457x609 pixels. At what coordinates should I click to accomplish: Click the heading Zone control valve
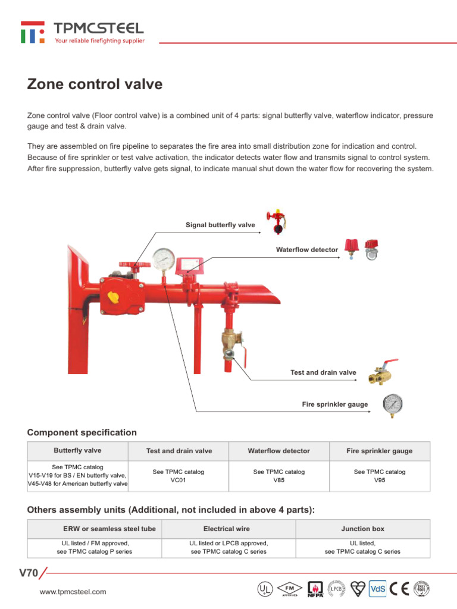[x=95, y=84]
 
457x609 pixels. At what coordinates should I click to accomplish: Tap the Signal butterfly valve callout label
[x=220, y=225]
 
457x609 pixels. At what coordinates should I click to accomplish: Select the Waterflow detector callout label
[x=306, y=250]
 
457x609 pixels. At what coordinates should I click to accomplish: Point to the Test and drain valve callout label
[x=323, y=372]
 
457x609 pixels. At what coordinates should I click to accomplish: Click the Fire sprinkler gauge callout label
[x=334, y=404]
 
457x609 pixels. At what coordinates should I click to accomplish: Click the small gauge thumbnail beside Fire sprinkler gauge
[x=392, y=404]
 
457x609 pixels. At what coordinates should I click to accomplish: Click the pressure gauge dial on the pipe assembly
[x=163, y=259]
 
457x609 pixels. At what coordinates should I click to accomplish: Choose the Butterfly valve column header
[x=77, y=451]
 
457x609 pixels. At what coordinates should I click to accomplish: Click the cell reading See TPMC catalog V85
[x=278, y=476]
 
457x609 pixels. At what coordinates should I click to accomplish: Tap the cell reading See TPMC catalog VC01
[x=178, y=476]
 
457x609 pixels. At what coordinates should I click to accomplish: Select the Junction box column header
[x=362, y=529]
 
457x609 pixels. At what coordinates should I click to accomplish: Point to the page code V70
[x=29, y=573]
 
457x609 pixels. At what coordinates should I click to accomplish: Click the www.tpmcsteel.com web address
[x=73, y=592]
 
